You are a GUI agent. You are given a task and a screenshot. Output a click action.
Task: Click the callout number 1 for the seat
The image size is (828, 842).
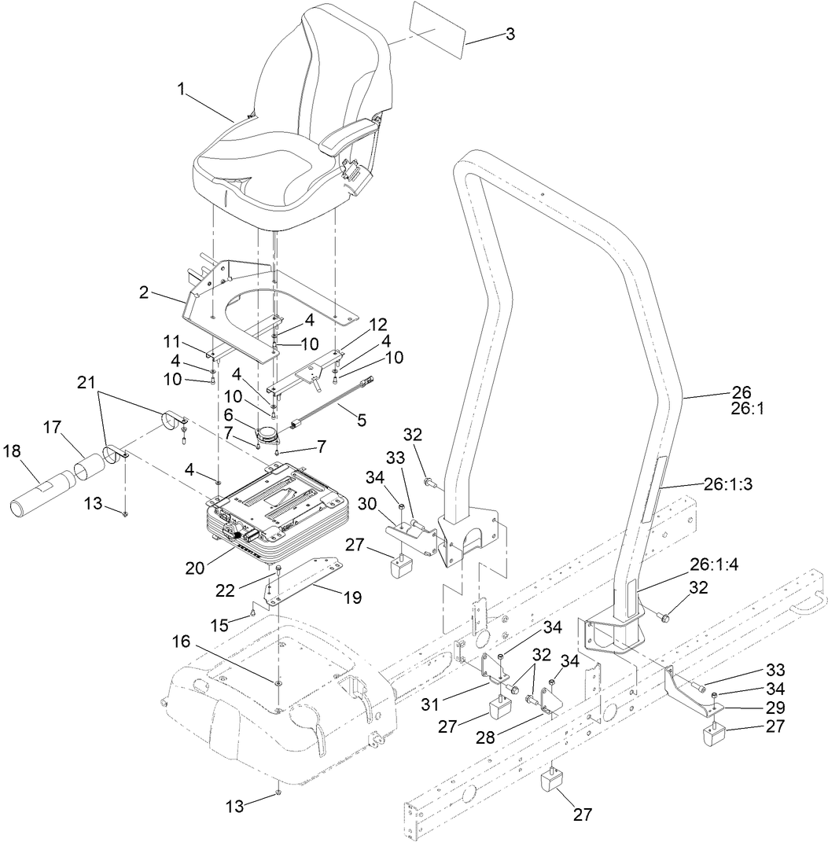click(182, 90)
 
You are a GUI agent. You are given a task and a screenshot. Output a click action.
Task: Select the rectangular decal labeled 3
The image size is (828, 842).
click(434, 39)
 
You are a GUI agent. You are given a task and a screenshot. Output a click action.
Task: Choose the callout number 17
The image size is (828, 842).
click(52, 428)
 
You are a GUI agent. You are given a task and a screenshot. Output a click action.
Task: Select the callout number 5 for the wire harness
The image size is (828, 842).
click(361, 421)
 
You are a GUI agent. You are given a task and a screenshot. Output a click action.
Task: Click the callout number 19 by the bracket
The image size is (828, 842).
click(351, 597)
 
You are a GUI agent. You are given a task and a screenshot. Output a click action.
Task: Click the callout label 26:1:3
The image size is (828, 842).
click(727, 485)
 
